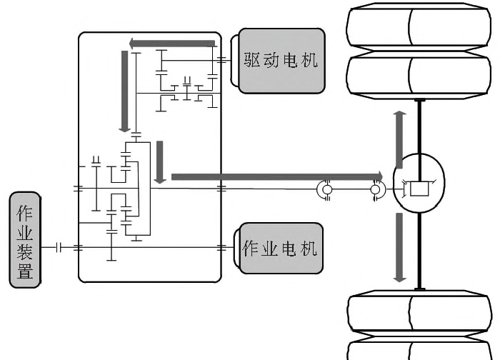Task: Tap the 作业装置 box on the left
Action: (26, 239)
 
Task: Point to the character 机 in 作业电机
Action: (308, 249)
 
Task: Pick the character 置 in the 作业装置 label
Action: (26, 271)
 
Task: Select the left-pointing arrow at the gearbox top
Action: (171, 44)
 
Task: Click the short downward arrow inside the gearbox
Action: (160, 161)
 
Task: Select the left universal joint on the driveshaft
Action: (325, 189)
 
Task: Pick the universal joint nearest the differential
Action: (376, 189)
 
